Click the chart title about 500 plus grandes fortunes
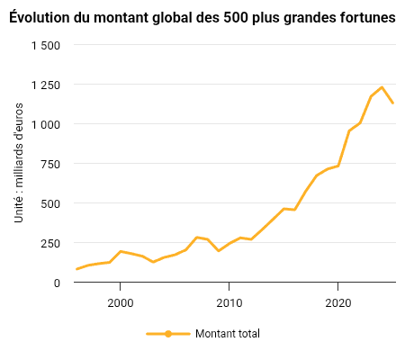coord(202,17)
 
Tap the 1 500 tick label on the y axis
coord(46,46)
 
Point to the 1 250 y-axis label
coord(46,85)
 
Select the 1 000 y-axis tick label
coord(46,125)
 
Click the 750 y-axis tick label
coord(50,165)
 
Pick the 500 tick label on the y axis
coord(50,204)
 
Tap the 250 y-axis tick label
coord(50,244)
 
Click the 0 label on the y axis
coord(57,283)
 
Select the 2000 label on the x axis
coord(121,303)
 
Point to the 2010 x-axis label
coord(229,303)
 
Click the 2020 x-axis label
coord(338,303)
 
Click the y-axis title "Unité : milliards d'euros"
coord(19,163)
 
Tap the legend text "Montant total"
coord(228,334)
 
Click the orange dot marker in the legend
coord(168,334)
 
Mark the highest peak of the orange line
coord(382,87)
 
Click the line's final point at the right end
coord(392,103)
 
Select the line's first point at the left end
coord(76,269)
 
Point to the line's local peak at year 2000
coord(121,251)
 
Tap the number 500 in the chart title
coord(236,18)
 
